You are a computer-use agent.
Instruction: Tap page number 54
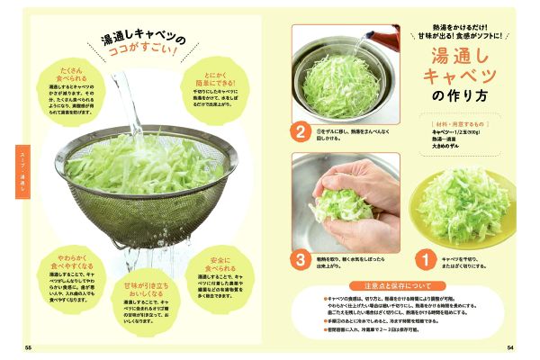pos(510,347)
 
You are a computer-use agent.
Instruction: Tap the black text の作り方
pos(459,96)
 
